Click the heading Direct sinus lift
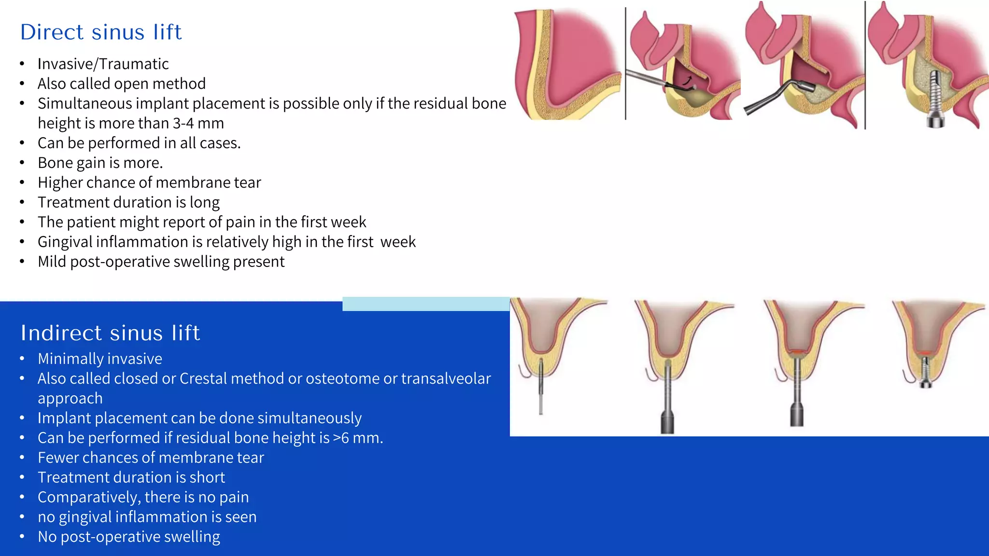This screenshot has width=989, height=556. [x=101, y=32]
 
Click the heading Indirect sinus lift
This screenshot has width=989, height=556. [x=110, y=333]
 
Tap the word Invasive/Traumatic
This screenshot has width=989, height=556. [x=103, y=64]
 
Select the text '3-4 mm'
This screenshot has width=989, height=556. [x=198, y=123]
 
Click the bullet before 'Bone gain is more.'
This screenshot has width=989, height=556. [x=22, y=163]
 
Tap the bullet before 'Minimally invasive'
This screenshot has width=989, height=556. [x=22, y=359]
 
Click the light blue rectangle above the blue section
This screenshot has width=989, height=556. [x=425, y=304]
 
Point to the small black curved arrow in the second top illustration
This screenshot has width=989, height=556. [x=688, y=81]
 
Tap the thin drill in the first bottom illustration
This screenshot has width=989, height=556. [x=541, y=386]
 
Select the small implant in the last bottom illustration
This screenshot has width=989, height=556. [x=925, y=374]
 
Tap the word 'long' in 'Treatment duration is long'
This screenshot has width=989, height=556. [x=204, y=202]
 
